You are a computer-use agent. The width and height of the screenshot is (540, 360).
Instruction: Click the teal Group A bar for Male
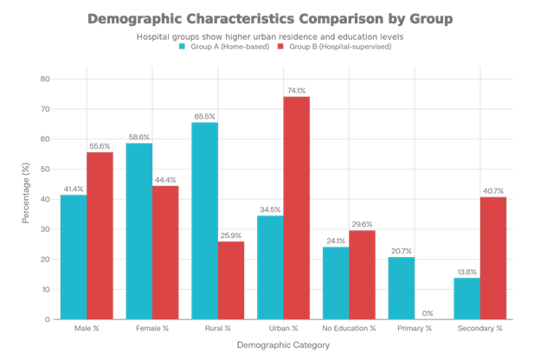pyautogui.click(x=74, y=257)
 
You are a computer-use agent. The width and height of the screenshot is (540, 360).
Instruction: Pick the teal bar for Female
pyautogui.click(x=139, y=231)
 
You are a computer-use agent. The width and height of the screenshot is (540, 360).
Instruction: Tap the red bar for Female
pyautogui.click(x=165, y=252)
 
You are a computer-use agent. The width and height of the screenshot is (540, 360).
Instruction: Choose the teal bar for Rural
pyautogui.click(x=205, y=221)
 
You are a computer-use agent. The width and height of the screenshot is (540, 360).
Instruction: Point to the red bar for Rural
pyautogui.click(x=231, y=280)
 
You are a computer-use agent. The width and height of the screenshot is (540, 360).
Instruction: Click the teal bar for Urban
pyautogui.click(x=271, y=267)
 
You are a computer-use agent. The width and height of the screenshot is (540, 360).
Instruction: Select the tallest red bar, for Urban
pyautogui.click(x=297, y=208)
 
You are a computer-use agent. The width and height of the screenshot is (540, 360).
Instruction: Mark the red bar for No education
pyautogui.click(x=363, y=274)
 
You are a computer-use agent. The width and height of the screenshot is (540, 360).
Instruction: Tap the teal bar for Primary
pyautogui.click(x=402, y=288)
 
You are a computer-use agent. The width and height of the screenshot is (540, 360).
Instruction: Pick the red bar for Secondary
pyautogui.click(x=494, y=258)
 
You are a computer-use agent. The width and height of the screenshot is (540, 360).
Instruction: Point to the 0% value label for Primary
pyautogui.click(x=428, y=312)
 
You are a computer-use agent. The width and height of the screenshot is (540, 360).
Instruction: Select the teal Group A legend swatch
pyautogui.click(x=182, y=46)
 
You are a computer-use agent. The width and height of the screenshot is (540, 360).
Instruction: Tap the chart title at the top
pyautogui.click(x=270, y=18)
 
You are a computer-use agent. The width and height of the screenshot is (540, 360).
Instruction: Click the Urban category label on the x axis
pyautogui.click(x=284, y=328)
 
